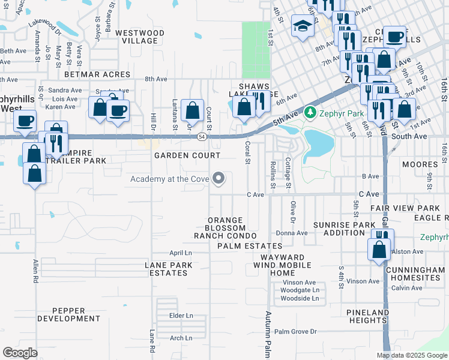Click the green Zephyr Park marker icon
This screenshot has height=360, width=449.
pos(310,112)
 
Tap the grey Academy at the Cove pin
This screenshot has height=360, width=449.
pos(220,178)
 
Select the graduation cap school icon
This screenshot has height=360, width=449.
pos(301,26)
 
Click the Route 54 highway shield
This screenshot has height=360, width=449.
pos(201,137)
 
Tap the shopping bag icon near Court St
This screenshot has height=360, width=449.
pos(192,110)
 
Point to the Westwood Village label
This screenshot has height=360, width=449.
pos(139,37)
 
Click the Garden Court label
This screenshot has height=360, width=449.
pos(187,155)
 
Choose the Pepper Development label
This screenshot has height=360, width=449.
pos(68,314)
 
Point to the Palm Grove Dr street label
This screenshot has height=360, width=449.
pos(295,331)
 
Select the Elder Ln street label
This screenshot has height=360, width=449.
pos(181,315)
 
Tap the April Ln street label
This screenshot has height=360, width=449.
pos(180,253)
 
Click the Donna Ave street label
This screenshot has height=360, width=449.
pos(291,233)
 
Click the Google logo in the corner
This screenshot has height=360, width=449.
pos(20,352)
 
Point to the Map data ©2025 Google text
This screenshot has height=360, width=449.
pos(411,355)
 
